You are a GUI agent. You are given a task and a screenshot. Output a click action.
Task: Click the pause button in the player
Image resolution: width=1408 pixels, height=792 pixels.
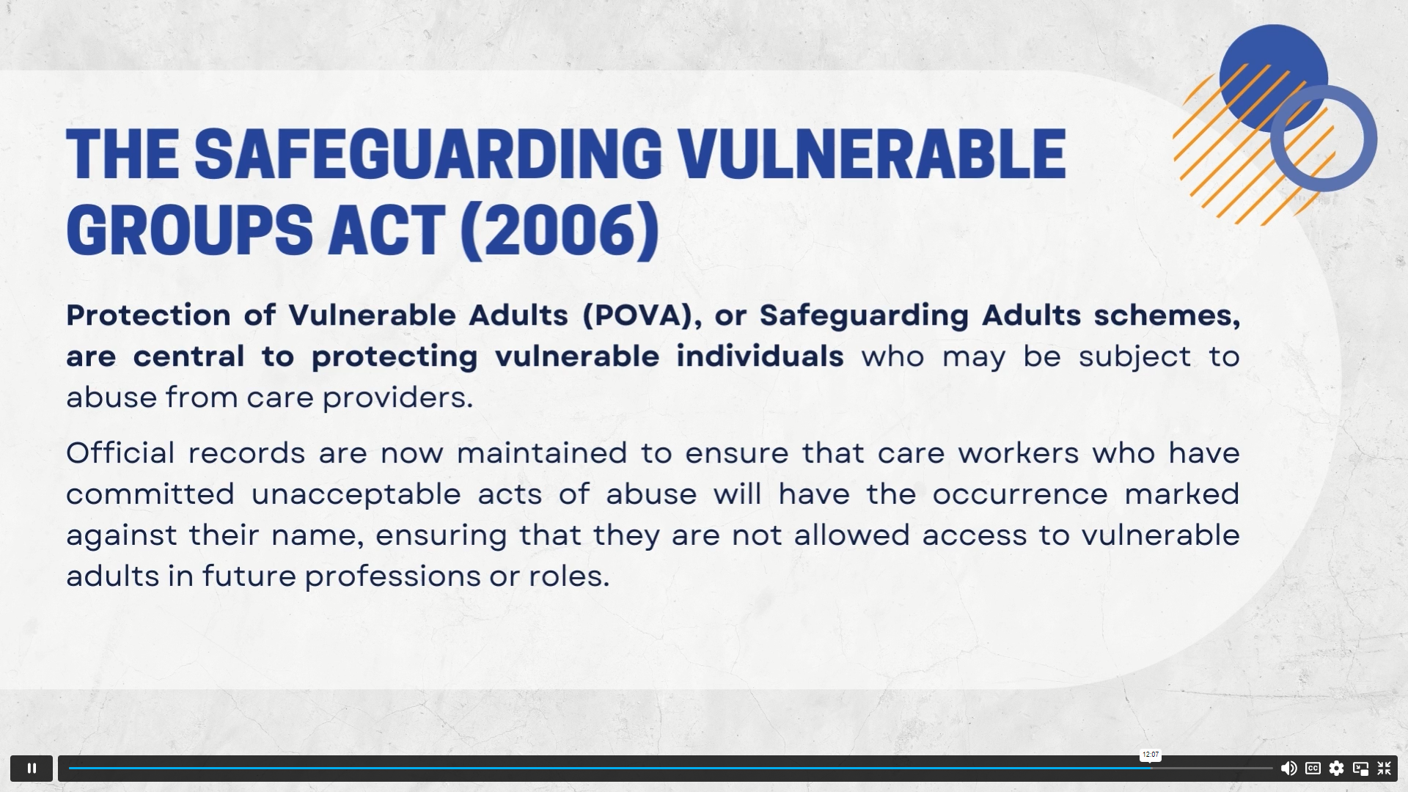[x=32, y=768]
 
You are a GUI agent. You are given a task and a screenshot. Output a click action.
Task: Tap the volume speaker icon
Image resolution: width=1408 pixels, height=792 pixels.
[x=1288, y=768]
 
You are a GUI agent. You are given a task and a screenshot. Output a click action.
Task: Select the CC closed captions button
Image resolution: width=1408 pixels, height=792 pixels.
[x=1313, y=768]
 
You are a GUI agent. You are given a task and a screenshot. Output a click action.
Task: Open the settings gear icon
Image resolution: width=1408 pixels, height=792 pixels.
[x=1336, y=768]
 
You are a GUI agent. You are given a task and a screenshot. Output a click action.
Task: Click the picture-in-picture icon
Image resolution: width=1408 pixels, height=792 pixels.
[x=1360, y=768]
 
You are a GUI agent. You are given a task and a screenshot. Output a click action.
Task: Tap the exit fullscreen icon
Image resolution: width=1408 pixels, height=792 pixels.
[x=1385, y=768]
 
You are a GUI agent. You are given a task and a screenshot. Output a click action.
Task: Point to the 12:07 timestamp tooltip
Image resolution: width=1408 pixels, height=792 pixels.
[x=1151, y=755]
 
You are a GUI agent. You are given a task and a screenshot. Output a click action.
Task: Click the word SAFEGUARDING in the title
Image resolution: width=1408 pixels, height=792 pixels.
[x=428, y=154]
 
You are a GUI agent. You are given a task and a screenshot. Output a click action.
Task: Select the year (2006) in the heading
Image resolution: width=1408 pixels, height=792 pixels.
[x=560, y=231]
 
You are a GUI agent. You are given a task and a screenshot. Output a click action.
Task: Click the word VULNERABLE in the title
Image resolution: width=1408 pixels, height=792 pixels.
[x=871, y=154]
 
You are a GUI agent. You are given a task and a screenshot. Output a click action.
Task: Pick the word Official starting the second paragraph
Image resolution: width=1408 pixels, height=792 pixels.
[x=120, y=452]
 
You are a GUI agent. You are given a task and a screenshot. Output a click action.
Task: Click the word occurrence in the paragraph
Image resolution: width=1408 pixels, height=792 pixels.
[x=1020, y=494]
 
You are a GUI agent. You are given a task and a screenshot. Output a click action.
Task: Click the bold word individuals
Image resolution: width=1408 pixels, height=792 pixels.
[x=760, y=356]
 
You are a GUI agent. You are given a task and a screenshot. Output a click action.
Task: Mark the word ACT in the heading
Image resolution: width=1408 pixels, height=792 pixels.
[x=386, y=230]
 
